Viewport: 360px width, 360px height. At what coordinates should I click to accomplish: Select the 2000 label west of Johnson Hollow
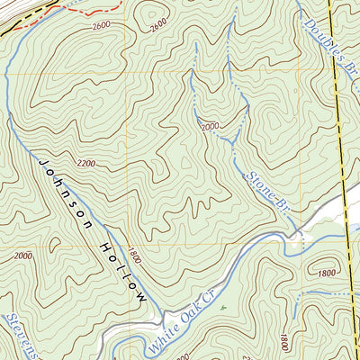pyautogui.click(x=22, y=256)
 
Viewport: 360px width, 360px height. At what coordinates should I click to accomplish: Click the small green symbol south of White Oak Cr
pyautogui.click(x=220, y=307)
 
